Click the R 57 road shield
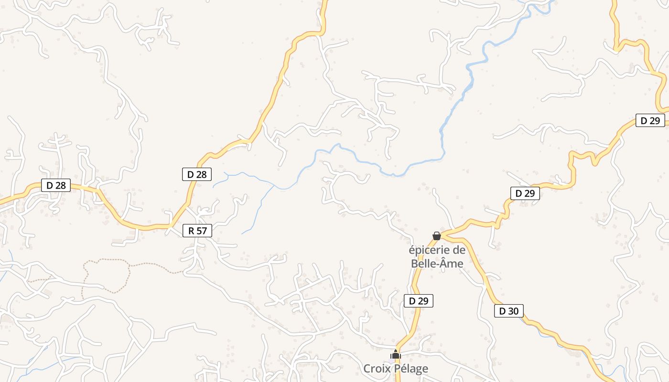197,231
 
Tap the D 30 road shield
508,311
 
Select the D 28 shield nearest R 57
197,174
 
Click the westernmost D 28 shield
56,185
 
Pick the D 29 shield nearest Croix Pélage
419,301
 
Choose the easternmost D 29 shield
650,120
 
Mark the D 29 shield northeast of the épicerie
525,193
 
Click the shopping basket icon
436,236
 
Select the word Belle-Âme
437,263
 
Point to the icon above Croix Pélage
395,355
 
